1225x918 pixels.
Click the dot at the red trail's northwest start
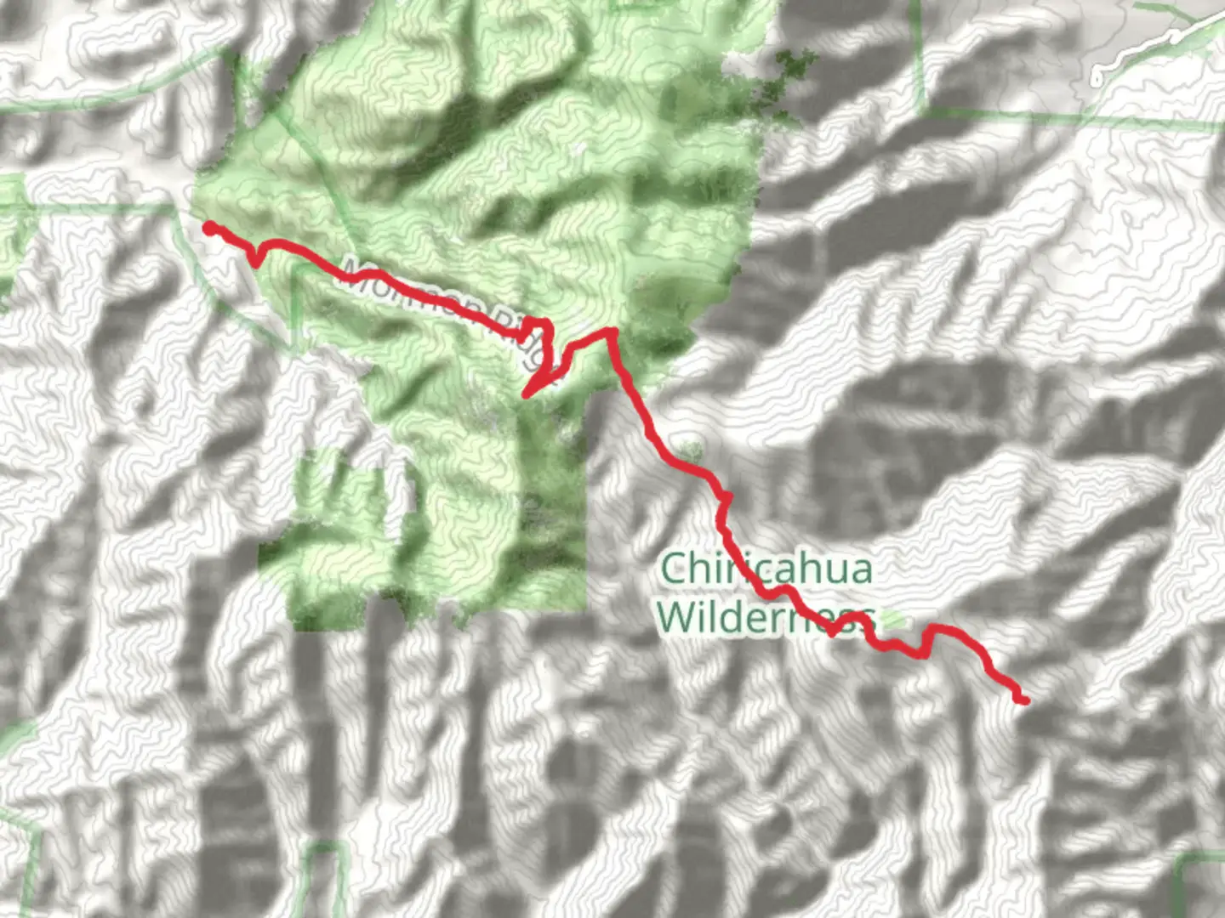(x=208, y=227)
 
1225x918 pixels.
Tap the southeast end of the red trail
(x=1023, y=700)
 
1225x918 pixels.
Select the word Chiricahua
(x=766, y=568)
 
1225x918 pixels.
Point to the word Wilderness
(x=766, y=618)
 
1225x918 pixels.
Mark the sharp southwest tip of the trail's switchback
(x=526, y=395)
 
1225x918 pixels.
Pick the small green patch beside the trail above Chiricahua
(x=691, y=447)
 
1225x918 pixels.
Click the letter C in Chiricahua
(x=675, y=568)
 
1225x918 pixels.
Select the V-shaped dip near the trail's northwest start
(x=255, y=262)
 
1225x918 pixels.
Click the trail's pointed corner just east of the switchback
(x=610, y=331)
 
